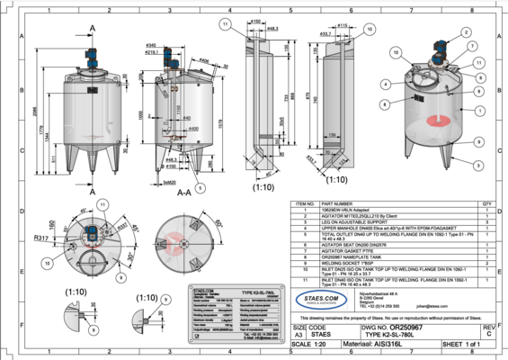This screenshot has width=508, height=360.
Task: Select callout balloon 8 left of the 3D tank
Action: point(385,103)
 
